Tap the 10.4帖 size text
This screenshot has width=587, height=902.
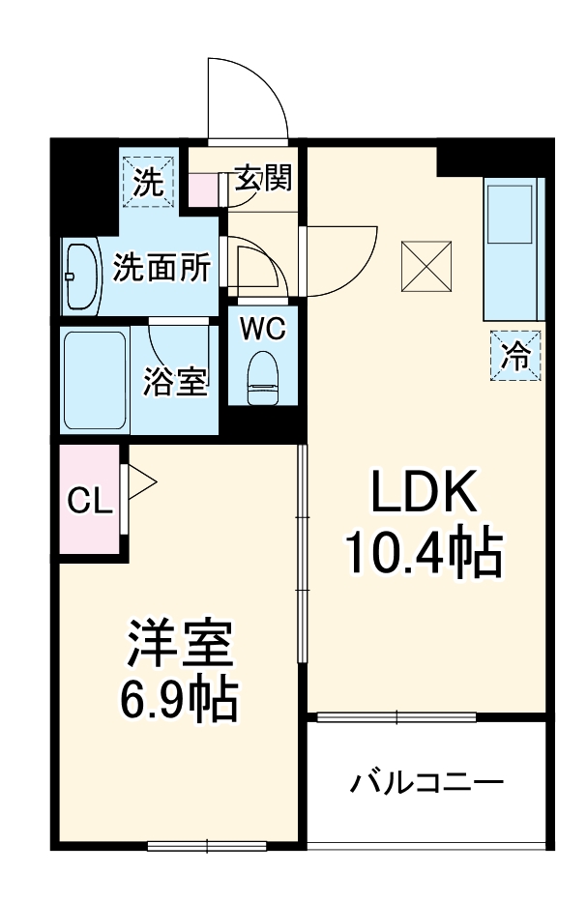[423, 554]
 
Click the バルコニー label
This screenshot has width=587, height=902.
[426, 781]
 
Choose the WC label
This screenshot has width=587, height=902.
[263, 330]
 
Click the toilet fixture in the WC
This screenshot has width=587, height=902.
[262, 377]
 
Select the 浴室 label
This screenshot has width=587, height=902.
[175, 381]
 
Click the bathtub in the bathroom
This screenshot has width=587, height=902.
[95, 380]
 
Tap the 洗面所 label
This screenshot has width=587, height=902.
[161, 269]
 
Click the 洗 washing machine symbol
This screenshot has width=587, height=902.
[148, 182]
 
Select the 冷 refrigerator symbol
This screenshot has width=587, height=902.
[516, 356]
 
